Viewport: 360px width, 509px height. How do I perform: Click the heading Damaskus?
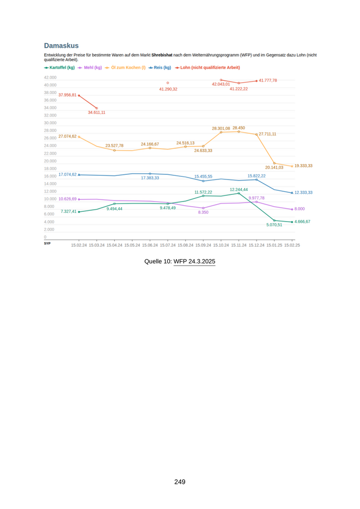click(61, 46)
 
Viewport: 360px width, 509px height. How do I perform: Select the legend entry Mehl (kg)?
click(92, 67)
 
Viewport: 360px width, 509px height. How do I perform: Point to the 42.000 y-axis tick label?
click(50, 77)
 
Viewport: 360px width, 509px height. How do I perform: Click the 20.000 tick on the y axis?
click(50, 161)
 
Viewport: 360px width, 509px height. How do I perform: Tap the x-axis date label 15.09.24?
click(203, 245)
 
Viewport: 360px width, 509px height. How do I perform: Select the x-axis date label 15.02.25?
click(292, 245)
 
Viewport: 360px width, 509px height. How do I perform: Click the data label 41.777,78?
click(268, 80)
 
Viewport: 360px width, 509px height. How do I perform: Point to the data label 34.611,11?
click(97, 112)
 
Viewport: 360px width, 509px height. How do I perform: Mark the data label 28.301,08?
click(221, 129)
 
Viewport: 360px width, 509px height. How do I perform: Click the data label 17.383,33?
click(150, 178)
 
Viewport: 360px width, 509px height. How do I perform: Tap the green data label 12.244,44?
click(239, 190)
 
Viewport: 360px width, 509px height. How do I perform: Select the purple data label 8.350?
click(203, 212)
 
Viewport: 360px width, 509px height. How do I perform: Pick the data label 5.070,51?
click(274, 225)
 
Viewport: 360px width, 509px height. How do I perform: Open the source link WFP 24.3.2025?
click(194, 262)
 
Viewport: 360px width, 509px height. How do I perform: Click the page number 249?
click(179, 482)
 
